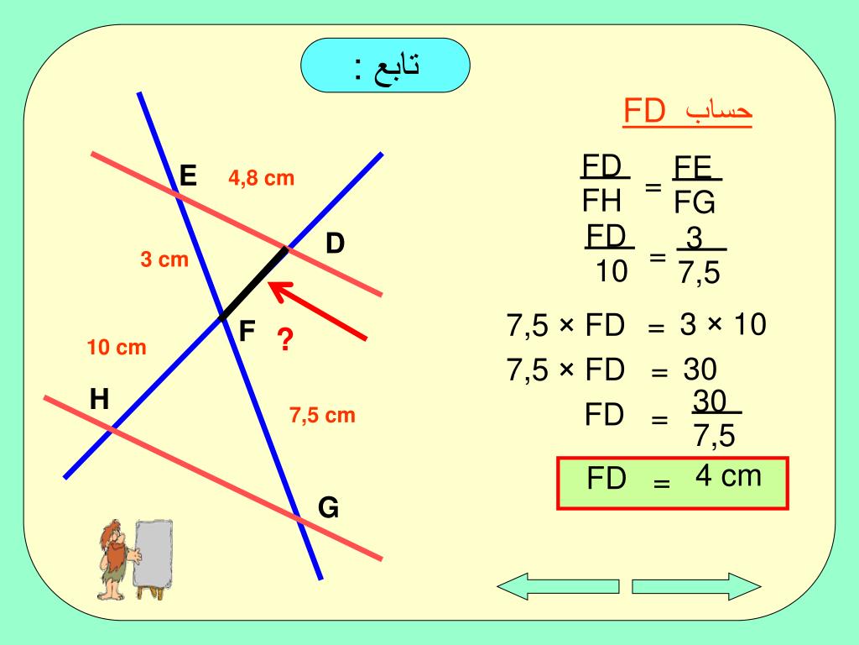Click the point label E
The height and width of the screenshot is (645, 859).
[188, 176]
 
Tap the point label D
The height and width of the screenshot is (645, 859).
[336, 244]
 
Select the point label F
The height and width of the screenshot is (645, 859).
[247, 332]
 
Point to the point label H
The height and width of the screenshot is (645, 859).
[100, 400]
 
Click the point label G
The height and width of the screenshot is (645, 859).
[328, 508]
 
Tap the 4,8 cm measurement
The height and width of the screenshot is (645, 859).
[262, 178]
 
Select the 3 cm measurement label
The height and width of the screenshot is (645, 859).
[164, 260]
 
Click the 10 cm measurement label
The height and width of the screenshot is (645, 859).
[117, 347]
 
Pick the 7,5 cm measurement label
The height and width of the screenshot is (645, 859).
[323, 415]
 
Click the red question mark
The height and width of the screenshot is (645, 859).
[285, 341]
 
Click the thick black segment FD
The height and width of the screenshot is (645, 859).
[253, 283]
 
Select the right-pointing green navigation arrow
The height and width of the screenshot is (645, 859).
[695, 585]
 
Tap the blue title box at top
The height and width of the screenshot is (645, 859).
[385, 66]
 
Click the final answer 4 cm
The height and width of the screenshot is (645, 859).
[728, 477]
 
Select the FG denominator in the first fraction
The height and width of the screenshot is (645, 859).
[695, 203]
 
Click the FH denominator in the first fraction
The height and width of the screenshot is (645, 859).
[601, 202]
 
